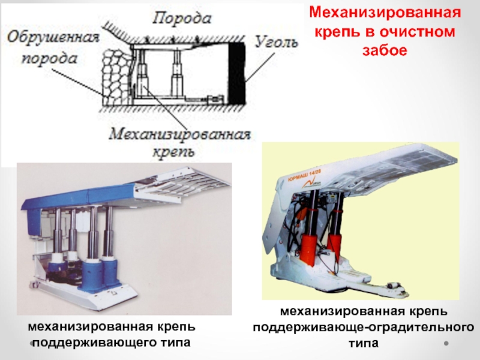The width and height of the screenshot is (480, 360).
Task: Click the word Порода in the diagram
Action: tap(181, 17)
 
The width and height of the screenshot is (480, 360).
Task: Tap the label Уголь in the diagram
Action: tap(275, 41)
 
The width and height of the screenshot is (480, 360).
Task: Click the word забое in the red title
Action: tap(384, 50)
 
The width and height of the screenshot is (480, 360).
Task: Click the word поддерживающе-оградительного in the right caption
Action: tap(363, 328)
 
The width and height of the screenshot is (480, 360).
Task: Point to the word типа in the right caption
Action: tap(363, 344)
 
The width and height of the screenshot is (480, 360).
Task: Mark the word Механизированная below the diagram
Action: tap(179, 133)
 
